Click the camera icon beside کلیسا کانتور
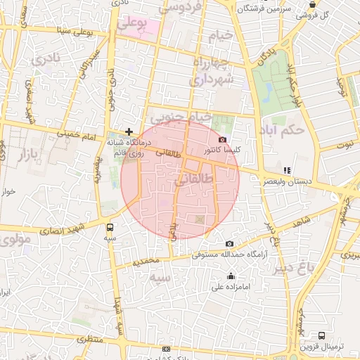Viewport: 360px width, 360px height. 223,140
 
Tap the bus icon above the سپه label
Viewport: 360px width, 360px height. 110,227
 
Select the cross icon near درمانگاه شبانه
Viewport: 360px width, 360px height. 129,131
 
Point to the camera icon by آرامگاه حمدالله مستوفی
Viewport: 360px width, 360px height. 229,244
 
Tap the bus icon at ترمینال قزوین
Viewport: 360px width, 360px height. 321,335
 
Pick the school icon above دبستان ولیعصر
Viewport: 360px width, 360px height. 286,170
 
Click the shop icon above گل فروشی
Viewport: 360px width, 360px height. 313,4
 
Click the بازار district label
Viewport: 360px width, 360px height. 23,153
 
